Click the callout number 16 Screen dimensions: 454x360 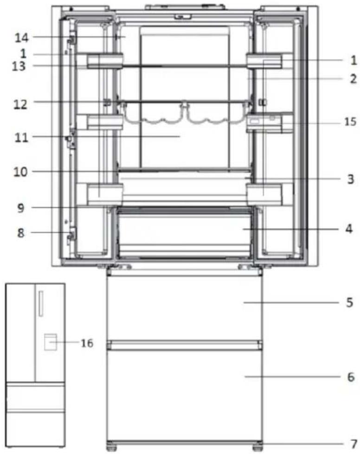tap(86, 344)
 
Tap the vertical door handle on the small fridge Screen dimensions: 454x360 tap(40, 304)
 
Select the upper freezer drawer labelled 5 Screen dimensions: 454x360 tap(185, 308)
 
